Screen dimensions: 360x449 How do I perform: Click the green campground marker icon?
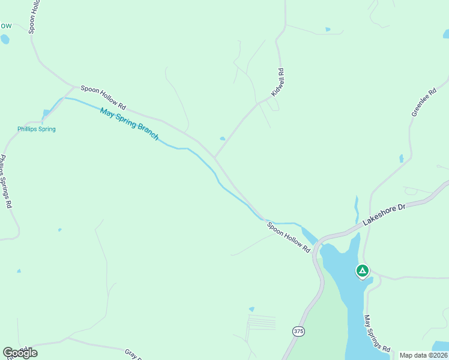[x=362, y=271]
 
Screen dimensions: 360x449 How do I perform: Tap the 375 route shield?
[x=298, y=331]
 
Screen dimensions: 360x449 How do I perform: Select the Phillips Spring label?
[x=36, y=129]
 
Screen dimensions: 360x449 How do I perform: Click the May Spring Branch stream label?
[x=129, y=124]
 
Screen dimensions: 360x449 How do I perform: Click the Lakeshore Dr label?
[x=385, y=214]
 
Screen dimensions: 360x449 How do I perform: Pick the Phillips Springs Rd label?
[x=6, y=181]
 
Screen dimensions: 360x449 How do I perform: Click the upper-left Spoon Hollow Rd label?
[x=104, y=97]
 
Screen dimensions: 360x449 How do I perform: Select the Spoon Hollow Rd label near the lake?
[x=289, y=237]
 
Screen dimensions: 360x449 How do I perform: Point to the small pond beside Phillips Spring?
[x=46, y=112]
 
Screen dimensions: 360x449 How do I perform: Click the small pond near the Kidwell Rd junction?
[x=223, y=139]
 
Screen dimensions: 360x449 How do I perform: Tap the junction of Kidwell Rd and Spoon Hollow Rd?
[x=215, y=157]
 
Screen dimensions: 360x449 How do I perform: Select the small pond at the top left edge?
[x=5, y=40]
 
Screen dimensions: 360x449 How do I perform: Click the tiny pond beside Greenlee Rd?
[x=402, y=158]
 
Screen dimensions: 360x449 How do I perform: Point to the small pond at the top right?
[x=327, y=29]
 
